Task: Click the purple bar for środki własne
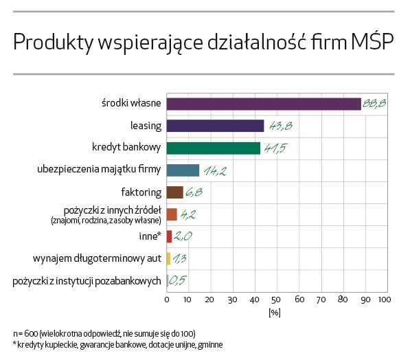tap(264, 104)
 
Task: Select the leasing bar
tap(215, 126)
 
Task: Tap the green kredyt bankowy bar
tap(213, 148)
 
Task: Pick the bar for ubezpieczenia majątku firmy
tap(183, 170)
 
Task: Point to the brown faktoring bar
tap(174, 192)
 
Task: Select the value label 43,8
tap(278, 126)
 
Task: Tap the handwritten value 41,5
tap(275, 148)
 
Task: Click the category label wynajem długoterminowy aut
tap(97, 258)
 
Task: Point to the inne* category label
tap(150, 236)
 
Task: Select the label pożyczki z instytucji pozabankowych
tap(87, 280)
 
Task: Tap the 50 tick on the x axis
tap(276, 300)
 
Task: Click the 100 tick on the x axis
tap(384, 300)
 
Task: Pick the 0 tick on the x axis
tap(167, 300)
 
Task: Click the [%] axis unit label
tap(275, 313)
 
